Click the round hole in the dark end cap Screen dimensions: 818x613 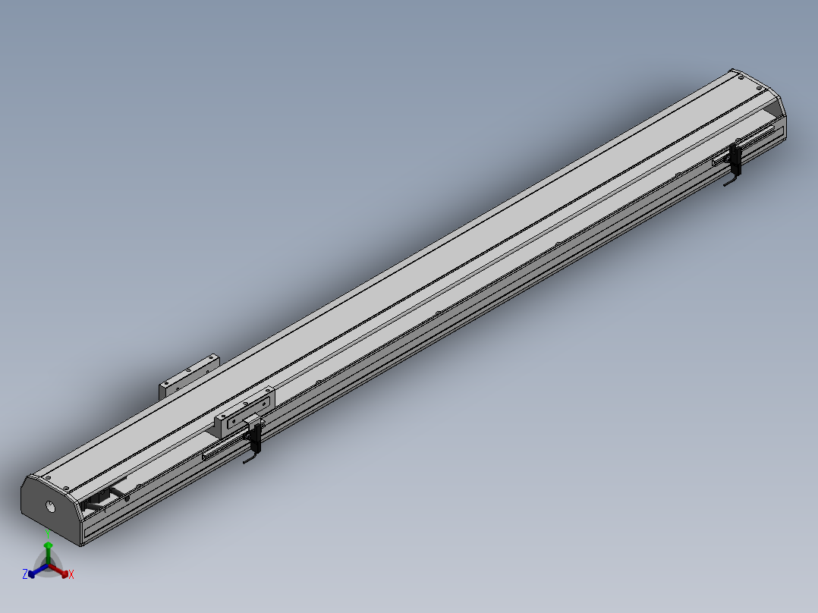(x=50, y=506)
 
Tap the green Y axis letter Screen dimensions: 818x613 (x=48, y=533)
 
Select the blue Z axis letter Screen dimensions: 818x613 (x=24, y=574)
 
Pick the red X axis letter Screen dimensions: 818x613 (x=71, y=574)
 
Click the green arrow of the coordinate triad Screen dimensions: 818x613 (x=48, y=553)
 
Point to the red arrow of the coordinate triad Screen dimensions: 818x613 (x=58, y=571)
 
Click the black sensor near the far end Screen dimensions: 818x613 (x=735, y=159)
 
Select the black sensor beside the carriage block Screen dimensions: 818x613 (x=256, y=437)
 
